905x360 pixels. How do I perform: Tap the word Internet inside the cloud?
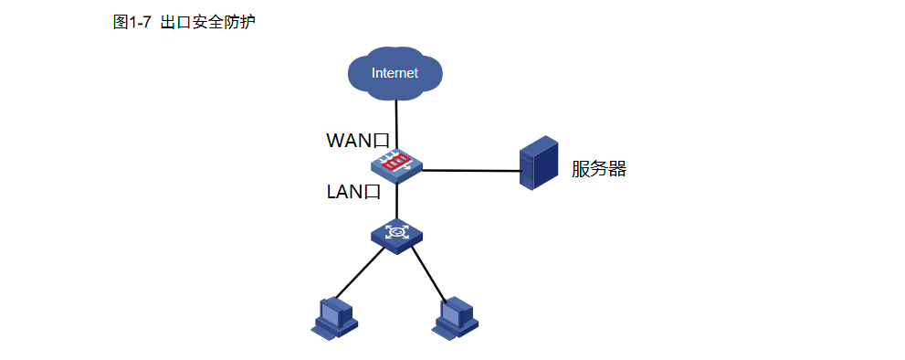(x=395, y=73)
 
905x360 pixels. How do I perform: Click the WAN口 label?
(x=358, y=141)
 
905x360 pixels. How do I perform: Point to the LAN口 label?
(x=353, y=192)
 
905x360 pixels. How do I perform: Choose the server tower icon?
(x=538, y=163)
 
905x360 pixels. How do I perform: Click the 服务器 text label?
(x=599, y=169)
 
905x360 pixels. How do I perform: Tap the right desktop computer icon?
(x=455, y=316)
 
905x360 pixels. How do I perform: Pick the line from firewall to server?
(x=470, y=170)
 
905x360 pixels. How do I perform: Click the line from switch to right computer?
(x=427, y=273)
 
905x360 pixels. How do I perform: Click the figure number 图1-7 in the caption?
(x=133, y=23)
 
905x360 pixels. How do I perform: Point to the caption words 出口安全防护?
(x=207, y=23)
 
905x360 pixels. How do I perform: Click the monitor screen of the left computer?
(x=329, y=311)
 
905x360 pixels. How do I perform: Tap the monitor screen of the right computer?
(x=450, y=311)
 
